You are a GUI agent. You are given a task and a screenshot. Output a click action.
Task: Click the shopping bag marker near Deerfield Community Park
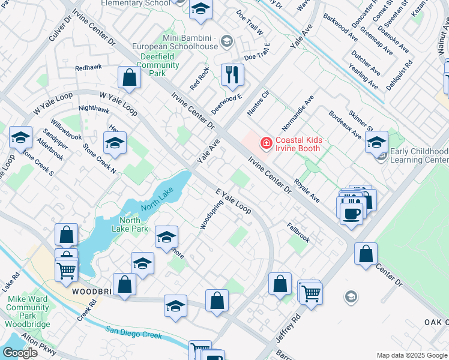[x=129, y=77]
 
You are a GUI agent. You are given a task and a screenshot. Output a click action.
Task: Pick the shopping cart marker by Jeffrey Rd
[x=311, y=294]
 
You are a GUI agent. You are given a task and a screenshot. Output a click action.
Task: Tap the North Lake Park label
[x=130, y=224]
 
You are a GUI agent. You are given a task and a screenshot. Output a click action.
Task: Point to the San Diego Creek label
[x=133, y=332]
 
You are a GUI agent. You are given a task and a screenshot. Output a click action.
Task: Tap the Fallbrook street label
[x=298, y=233]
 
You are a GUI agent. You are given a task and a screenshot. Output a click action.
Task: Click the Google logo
[x=20, y=353]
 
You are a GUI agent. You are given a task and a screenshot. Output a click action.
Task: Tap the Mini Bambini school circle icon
[x=227, y=41]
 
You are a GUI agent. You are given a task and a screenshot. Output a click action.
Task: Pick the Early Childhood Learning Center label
[x=418, y=156]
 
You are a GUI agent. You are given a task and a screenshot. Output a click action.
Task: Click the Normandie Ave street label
[x=298, y=113]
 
